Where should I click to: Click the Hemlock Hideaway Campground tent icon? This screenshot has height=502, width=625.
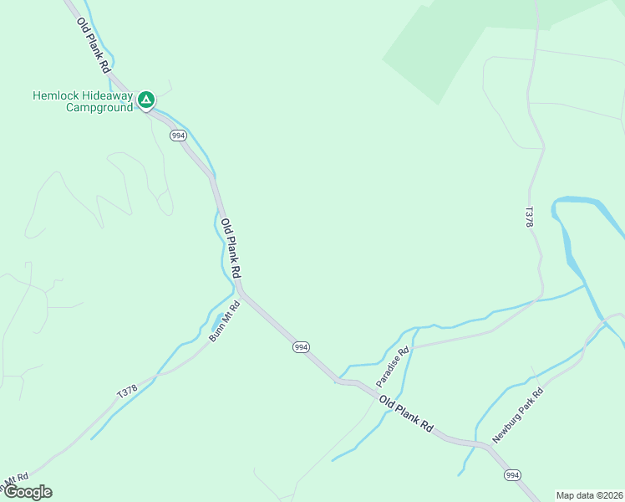(145, 101)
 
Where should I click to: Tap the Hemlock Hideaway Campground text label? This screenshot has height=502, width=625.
(83, 101)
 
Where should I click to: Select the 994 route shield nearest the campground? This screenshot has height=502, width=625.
(177, 136)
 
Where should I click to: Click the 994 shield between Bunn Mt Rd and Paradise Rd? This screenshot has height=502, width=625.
(301, 347)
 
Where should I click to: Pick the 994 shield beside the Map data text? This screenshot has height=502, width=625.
(513, 474)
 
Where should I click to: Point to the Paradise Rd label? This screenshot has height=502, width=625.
(392, 366)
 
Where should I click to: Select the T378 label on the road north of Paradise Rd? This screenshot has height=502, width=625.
(528, 218)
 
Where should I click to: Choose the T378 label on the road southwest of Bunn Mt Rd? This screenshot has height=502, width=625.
(127, 391)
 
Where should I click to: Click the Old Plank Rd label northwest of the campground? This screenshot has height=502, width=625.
(93, 44)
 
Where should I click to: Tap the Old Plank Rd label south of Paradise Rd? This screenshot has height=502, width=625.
(406, 413)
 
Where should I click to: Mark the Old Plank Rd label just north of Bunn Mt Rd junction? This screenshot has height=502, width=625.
(231, 248)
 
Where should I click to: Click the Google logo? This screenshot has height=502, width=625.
(27, 492)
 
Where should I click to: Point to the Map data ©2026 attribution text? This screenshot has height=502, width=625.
(588, 494)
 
